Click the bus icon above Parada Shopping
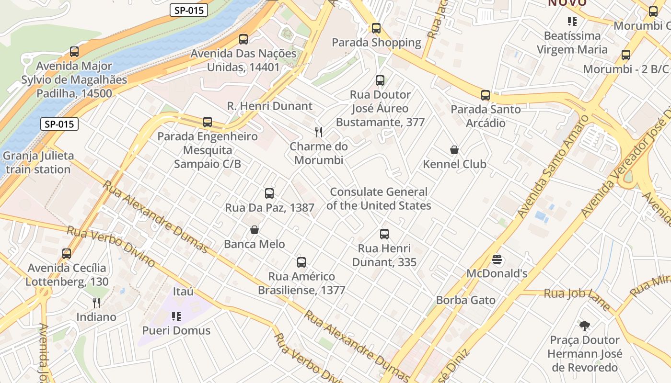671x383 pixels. coord(376,28)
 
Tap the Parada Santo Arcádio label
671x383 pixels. coord(485,116)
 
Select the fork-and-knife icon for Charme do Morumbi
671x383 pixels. coord(319,132)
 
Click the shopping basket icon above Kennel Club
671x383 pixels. coord(454,150)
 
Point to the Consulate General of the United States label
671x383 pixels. coord(379,199)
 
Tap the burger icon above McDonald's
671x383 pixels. coord(497,259)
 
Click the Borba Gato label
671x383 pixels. coord(465,300)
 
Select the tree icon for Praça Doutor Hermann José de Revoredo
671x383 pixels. coord(584,326)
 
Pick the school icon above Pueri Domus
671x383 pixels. coord(176,316)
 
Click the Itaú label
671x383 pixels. coord(183,291)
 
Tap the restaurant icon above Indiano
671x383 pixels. coord(96,303)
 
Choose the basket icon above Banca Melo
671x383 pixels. coord(255,230)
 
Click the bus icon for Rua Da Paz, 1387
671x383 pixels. coord(269,193)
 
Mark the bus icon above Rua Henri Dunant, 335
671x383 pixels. coord(384,234)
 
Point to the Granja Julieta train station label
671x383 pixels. coord(38,162)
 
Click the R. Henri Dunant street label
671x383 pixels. coord(269,106)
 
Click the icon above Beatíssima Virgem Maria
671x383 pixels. coord(572,21)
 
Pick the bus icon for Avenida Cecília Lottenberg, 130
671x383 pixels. coord(67,254)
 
